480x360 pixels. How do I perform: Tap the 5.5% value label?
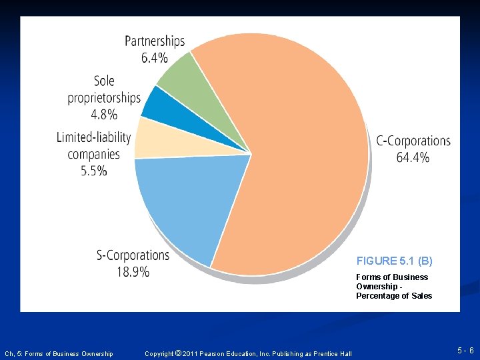[x=93, y=171]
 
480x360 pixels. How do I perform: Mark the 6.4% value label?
[x=155, y=57]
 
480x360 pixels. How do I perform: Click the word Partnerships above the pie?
[x=155, y=41]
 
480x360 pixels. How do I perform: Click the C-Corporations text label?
[x=413, y=141]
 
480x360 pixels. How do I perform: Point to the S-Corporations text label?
[x=133, y=255]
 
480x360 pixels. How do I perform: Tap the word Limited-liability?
[x=93, y=137]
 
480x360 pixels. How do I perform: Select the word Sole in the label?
[x=104, y=81]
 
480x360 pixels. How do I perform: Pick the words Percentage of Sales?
[x=393, y=296]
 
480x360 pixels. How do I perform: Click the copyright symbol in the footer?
[x=177, y=353]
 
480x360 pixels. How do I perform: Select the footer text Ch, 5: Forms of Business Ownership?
[x=59, y=353]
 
